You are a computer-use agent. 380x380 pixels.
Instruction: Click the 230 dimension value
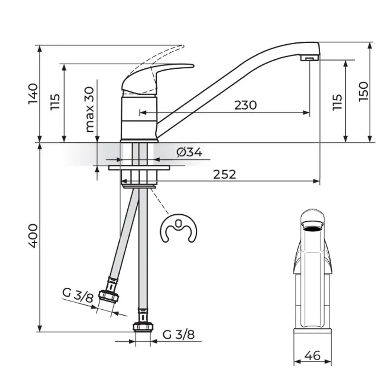click(245, 105)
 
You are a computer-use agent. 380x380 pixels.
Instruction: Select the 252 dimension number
click(224, 174)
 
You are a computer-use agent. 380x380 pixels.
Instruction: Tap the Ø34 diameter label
click(189, 152)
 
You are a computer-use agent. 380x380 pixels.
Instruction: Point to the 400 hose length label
click(33, 236)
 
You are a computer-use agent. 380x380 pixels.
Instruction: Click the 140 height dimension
click(33, 94)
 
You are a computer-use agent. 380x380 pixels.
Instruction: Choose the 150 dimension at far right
click(363, 92)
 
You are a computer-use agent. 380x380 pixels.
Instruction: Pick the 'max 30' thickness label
click(90, 109)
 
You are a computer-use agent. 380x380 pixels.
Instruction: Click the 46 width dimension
click(313, 355)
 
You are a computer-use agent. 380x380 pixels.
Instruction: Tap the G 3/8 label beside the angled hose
click(78, 295)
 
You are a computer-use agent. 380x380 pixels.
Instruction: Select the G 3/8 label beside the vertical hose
click(179, 334)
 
